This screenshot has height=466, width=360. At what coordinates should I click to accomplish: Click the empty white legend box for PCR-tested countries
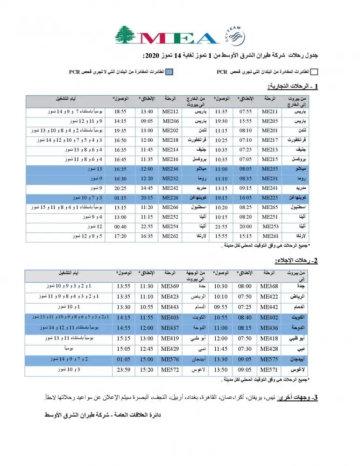(314, 71)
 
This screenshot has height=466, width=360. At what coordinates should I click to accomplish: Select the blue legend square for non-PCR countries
(170, 71)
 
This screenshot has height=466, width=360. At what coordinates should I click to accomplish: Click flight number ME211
(269, 112)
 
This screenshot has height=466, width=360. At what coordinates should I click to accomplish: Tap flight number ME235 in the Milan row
(269, 167)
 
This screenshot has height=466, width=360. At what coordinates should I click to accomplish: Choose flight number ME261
(269, 236)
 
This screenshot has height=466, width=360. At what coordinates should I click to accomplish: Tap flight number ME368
(269, 285)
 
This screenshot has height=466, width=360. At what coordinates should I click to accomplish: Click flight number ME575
(269, 359)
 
